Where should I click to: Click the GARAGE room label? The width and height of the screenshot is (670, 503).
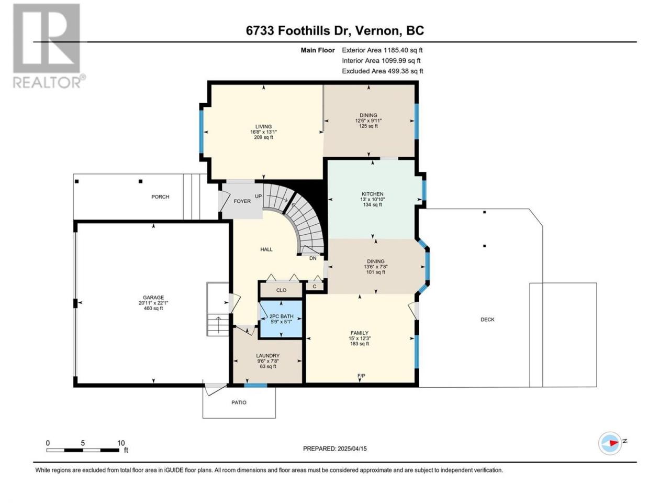153,298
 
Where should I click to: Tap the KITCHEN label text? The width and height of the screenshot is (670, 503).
372,194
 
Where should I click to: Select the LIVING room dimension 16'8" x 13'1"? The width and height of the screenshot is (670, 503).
263,132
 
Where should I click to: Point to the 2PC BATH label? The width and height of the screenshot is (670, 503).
281,316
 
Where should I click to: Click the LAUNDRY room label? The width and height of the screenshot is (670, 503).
267,355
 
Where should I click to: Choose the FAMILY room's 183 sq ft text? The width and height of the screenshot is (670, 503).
360,344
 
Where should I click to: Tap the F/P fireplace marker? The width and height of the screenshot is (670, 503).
361,376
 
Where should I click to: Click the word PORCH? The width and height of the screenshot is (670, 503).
160,196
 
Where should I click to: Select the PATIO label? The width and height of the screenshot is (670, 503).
239,402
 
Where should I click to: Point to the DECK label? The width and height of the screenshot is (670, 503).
487,320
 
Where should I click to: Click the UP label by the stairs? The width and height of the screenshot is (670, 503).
258,196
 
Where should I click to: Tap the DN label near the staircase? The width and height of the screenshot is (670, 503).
313,258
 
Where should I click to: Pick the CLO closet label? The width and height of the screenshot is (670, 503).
281,290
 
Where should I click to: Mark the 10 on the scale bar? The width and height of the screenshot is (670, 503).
121,443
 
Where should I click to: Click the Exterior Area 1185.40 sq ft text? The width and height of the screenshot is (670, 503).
382,50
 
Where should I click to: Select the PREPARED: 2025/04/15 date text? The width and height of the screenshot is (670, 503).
335,449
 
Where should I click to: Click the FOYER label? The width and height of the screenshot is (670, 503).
242,201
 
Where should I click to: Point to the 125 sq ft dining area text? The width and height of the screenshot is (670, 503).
368,126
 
